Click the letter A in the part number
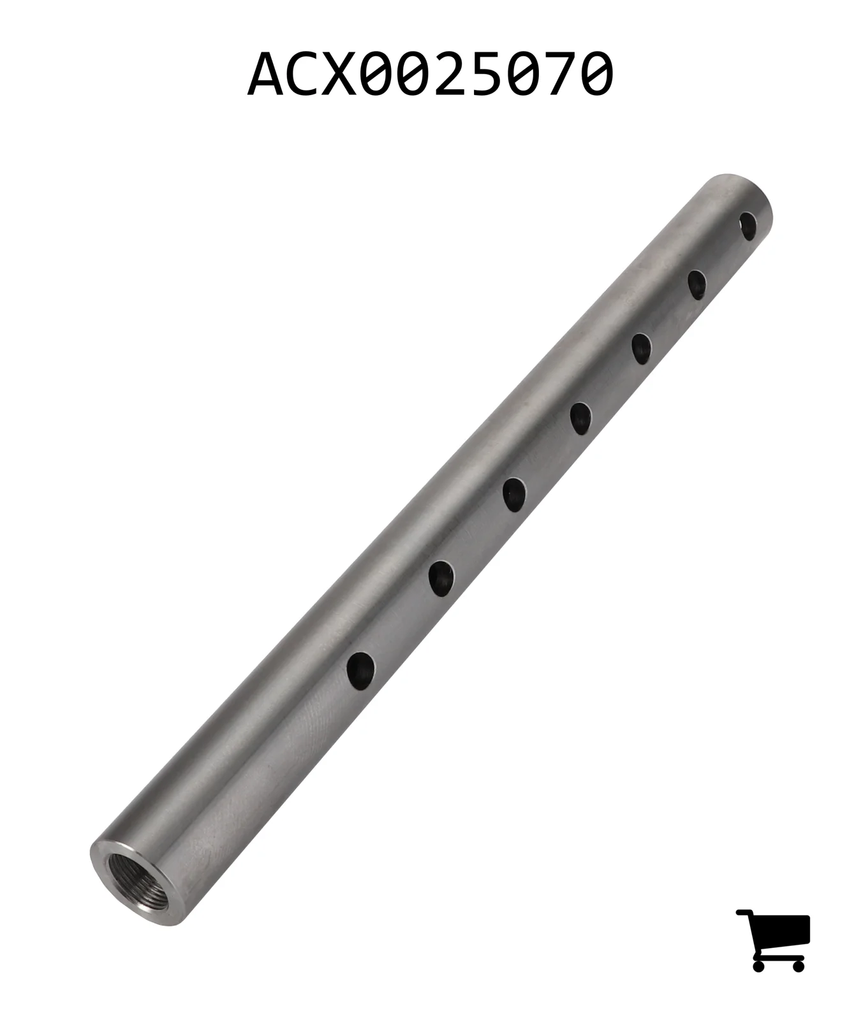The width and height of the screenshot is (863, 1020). coord(266,75)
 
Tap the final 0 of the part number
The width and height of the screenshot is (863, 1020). coord(593,75)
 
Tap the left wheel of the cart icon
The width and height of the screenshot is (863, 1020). coord(758,965)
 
